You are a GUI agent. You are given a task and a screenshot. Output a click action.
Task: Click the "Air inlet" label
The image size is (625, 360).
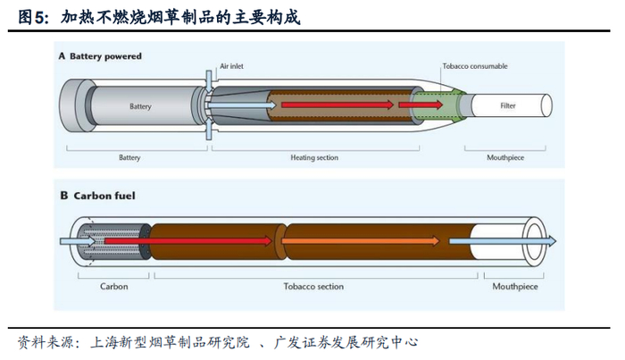point(231,66)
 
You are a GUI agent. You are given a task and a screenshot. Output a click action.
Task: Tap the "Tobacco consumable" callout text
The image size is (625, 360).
point(475,66)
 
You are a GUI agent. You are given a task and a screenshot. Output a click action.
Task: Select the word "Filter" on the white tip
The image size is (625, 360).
point(508,105)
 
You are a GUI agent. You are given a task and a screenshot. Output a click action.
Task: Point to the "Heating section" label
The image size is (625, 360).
point(314,157)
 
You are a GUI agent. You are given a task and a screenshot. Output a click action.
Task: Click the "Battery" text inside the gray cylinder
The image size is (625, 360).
point(140,106)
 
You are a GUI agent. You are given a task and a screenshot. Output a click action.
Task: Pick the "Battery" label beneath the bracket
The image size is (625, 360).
point(129,157)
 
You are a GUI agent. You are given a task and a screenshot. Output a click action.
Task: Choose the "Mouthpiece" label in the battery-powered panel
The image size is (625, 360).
point(505,157)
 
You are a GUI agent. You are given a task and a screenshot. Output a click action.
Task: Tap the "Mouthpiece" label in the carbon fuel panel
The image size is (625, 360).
point(515,286)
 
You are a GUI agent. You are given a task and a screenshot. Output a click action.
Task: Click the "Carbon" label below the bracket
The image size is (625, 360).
point(114,286)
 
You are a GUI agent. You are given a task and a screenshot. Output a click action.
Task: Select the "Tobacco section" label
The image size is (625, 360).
point(313,286)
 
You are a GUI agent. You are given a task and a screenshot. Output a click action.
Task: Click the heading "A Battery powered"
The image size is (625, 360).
point(100,56)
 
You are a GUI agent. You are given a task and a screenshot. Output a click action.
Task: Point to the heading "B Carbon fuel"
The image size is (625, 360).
point(98,196)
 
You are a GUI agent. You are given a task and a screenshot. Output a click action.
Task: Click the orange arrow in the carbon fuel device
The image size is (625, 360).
point(361,241)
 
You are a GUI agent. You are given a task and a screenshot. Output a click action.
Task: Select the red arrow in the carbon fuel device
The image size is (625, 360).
point(188,241)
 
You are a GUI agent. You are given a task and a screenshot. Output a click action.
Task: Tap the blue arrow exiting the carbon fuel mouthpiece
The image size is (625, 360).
point(503,241)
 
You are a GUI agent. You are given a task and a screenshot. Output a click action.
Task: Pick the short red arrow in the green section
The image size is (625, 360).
point(421,105)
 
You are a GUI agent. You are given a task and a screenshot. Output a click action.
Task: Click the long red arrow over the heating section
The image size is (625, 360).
point(337,105)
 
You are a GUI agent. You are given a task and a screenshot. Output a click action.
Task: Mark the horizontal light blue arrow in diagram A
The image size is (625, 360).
point(242,105)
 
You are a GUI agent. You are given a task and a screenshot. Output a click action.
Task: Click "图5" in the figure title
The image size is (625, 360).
point(32,18)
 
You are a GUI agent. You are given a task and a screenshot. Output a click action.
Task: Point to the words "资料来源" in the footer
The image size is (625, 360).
point(45,342)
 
